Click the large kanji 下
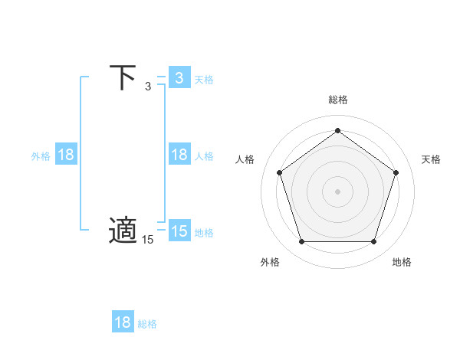tap(123, 77)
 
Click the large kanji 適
tap(123, 230)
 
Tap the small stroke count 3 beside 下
tap(148, 87)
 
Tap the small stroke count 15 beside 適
tap(148, 240)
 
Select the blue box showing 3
tap(179, 78)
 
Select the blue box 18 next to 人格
tap(179, 155)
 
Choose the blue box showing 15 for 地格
tap(179, 231)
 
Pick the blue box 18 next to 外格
tap(66, 155)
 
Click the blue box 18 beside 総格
tap(123, 322)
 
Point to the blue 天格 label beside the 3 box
tap(204, 79)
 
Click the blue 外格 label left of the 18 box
tap(41, 155)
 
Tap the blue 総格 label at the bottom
tap(147, 324)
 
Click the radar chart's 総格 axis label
tap(338, 100)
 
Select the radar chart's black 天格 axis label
tap(431, 159)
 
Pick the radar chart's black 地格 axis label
tap(402, 262)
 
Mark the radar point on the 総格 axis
tap(337, 130)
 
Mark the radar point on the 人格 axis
tap(279, 172)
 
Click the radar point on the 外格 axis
tap(301, 242)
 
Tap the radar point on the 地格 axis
tap(374, 242)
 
